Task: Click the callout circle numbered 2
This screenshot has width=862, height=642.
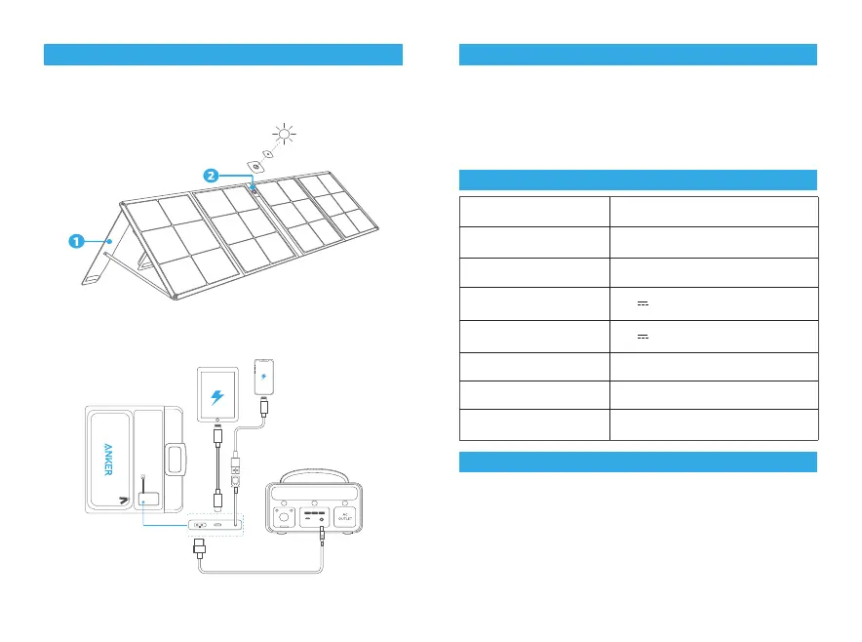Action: (211, 175)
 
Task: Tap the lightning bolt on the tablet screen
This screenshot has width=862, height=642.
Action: (215, 398)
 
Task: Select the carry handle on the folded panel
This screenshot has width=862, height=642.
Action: (175, 459)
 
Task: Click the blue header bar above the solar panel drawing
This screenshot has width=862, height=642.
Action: (223, 55)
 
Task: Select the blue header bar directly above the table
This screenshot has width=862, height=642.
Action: (638, 180)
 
